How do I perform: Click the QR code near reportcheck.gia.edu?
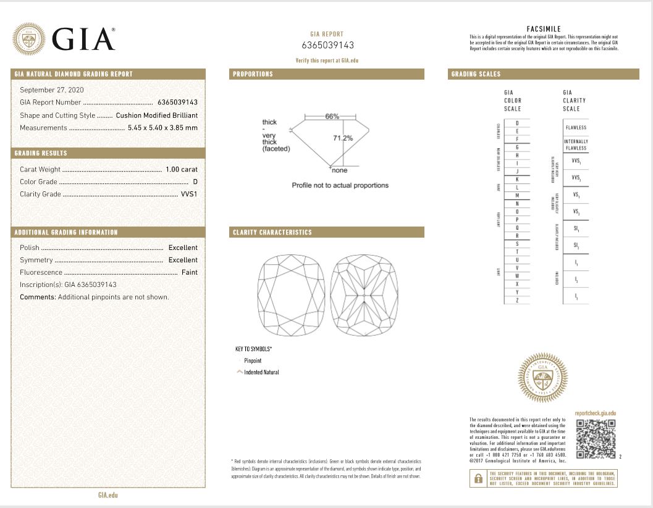click(596, 439)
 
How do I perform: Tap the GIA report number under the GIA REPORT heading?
click(328, 45)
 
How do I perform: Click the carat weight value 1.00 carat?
click(182, 169)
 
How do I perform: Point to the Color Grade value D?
click(195, 181)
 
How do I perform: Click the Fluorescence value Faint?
click(190, 272)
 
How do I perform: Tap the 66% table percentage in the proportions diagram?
click(332, 117)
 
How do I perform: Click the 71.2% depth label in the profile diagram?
click(343, 138)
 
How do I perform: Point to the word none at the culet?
click(340, 170)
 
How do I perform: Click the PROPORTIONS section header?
click(253, 74)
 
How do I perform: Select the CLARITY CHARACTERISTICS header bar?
click(272, 233)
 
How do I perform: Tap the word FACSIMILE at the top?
click(544, 29)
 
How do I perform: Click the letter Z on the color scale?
click(516, 300)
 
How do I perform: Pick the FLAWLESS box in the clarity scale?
click(575, 128)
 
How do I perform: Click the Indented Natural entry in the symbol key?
click(261, 372)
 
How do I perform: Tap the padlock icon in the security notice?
click(478, 478)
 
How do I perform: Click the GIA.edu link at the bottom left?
click(107, 494)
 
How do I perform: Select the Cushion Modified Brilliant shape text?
click(157, 115)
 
